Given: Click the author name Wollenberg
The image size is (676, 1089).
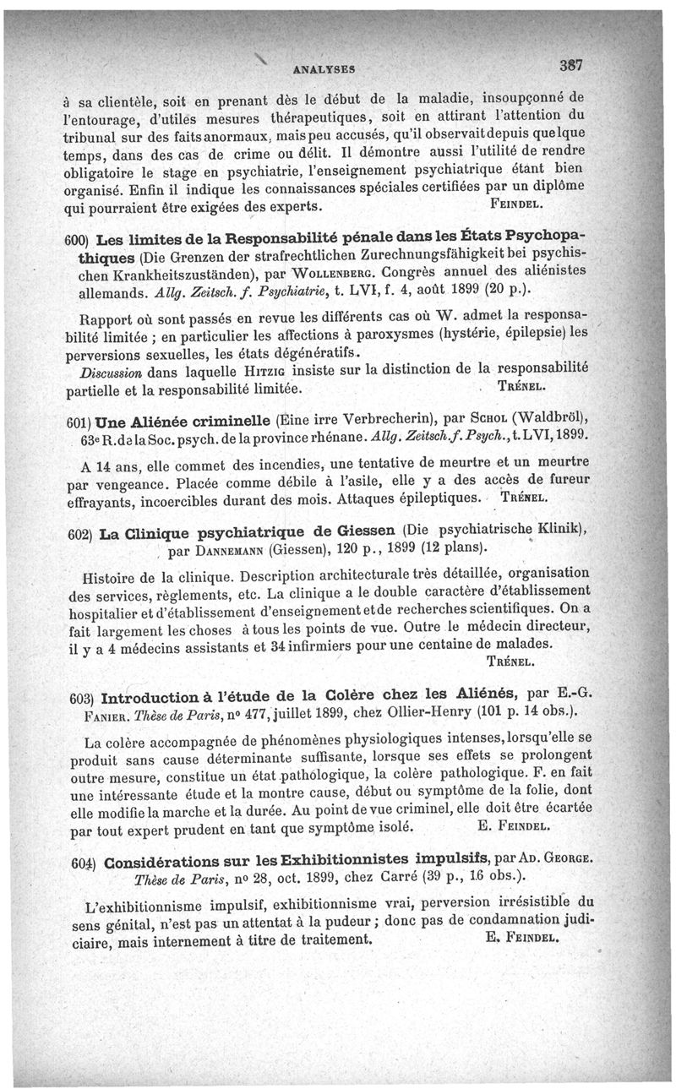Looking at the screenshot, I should [x=335, y=275].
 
